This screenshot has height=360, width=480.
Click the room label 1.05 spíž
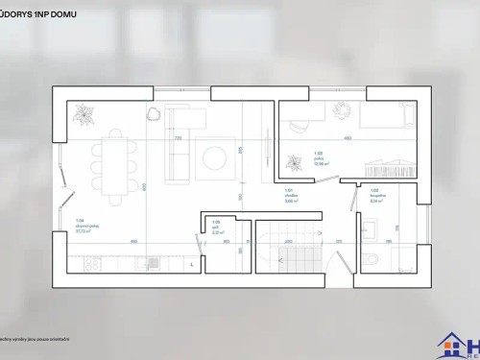pos(217,229)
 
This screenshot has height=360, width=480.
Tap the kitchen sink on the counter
pos(142,261)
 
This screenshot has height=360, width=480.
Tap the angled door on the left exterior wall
pos(66,197)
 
